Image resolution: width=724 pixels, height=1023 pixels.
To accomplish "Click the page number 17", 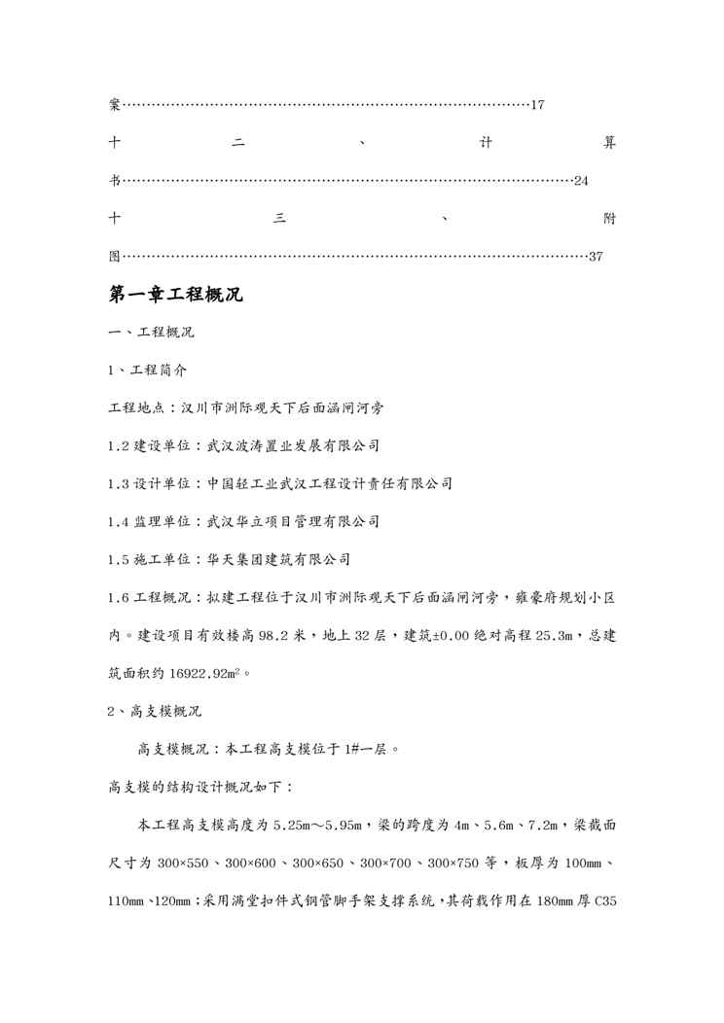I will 537,105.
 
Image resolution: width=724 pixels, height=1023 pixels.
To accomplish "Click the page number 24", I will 581,181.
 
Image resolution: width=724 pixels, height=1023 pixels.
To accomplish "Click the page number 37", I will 597,257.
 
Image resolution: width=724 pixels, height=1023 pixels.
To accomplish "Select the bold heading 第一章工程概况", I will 175,295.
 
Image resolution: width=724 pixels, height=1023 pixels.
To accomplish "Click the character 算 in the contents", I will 609,143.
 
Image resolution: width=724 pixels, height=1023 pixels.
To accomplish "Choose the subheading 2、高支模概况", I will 154,711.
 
